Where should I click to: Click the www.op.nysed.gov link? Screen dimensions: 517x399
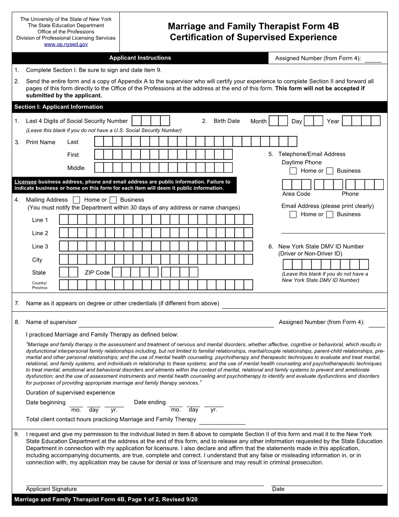[x=66, y=45]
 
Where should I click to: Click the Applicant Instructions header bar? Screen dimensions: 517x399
[x=140, y=58]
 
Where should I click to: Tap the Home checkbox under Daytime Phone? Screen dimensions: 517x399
[x=293, y=171]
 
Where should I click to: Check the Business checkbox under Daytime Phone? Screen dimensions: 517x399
[x=330, y=171]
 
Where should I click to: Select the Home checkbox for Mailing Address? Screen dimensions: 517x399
[x=77, y=200]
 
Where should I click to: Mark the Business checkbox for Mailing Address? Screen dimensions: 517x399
[x=113, y=200]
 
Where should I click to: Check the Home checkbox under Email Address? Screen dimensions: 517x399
[x=293, y=214]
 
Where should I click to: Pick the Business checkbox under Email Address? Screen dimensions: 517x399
[x=330, y=214]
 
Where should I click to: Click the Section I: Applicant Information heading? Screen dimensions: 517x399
[x=59, y=107]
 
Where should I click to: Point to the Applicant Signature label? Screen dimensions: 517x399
[x=51, y=489]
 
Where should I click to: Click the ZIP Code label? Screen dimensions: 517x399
[x=97, y=273]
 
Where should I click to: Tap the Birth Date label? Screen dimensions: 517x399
[x=226, y=121]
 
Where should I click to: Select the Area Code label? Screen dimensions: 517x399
[x=296, y=194]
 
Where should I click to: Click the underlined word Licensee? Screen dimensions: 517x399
[x=25, y=182]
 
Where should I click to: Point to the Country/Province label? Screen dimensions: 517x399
[x=40, y=285]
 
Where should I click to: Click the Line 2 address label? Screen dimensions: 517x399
[x=40, y=233]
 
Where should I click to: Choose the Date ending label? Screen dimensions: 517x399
[x=150, y=402]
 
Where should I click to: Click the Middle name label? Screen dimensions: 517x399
[x=76, y=168]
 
